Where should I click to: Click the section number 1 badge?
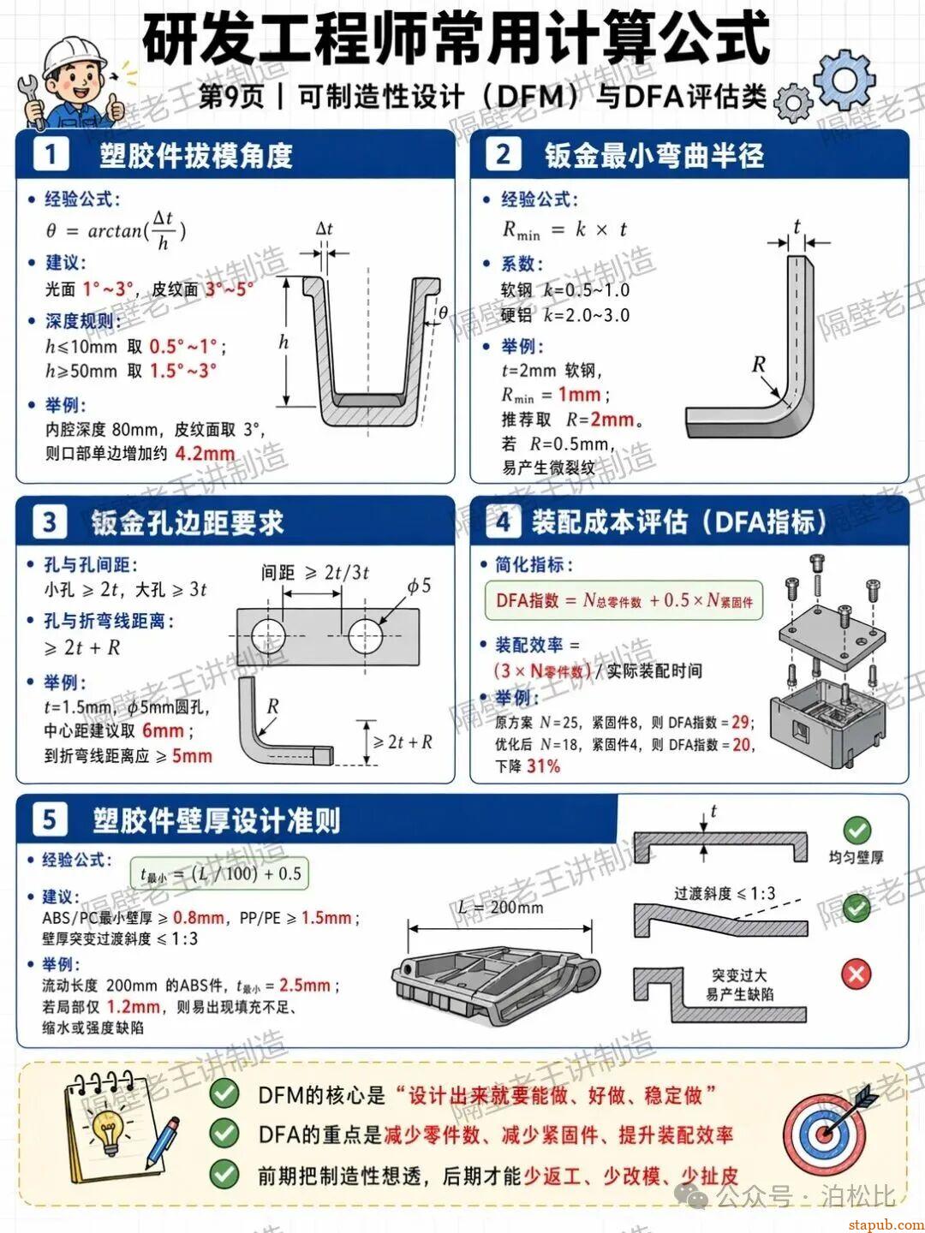51,155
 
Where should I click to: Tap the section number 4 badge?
503,521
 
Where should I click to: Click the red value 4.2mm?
205,454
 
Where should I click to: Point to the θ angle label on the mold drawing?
443,313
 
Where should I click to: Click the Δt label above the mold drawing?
324,229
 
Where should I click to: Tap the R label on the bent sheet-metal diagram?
758,365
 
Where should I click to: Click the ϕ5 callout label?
419,587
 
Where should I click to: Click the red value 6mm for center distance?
163,731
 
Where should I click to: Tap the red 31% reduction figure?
543,766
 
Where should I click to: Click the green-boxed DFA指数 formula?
624,601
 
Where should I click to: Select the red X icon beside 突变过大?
856,974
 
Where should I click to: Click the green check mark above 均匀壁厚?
856,830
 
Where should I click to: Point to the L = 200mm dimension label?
500,908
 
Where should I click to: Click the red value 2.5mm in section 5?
305,986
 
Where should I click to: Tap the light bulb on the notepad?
108,1128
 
